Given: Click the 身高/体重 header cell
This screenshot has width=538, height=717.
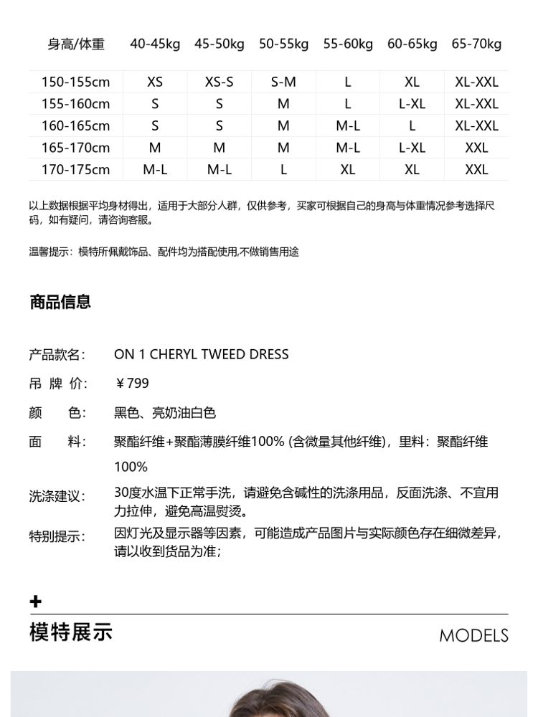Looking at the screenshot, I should (x=76, y=44).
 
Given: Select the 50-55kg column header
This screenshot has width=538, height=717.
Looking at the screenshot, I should (x=283, y=44).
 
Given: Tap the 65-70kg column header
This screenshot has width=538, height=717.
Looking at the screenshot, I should (x=476, y=44).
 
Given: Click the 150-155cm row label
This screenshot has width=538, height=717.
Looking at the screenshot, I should (x=76, y=82).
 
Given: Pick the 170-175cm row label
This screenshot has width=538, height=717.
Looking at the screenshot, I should (x=76, y=170).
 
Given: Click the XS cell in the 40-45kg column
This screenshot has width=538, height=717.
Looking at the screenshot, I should (x=155, y=82).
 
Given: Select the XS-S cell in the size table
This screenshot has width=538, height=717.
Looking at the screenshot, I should (x=219, y=82).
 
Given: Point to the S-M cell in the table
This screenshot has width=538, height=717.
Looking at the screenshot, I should (x=283, y=82).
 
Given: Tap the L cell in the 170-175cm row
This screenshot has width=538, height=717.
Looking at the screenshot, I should (x=283, y=170).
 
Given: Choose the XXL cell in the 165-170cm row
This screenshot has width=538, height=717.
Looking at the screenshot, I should (x=476, y=148).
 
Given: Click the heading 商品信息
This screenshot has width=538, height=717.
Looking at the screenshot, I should (x=60, y=302).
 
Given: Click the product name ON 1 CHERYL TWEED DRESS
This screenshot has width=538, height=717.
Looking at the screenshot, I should (x=201, y=354).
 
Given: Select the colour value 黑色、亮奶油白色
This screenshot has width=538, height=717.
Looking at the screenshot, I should (x=165, y=413).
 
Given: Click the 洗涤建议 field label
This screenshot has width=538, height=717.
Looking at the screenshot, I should (x=57, y=496).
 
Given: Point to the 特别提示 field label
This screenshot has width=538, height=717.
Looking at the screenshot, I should (x=57, y=536).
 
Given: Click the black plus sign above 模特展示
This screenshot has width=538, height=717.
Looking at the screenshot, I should (x=36, y=602).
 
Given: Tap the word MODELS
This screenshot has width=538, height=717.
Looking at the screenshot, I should (x=473, y=635).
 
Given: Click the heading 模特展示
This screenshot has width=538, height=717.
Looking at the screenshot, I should (x=71, y=632).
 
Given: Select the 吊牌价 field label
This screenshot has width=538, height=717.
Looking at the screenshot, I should (x=57, y=384).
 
